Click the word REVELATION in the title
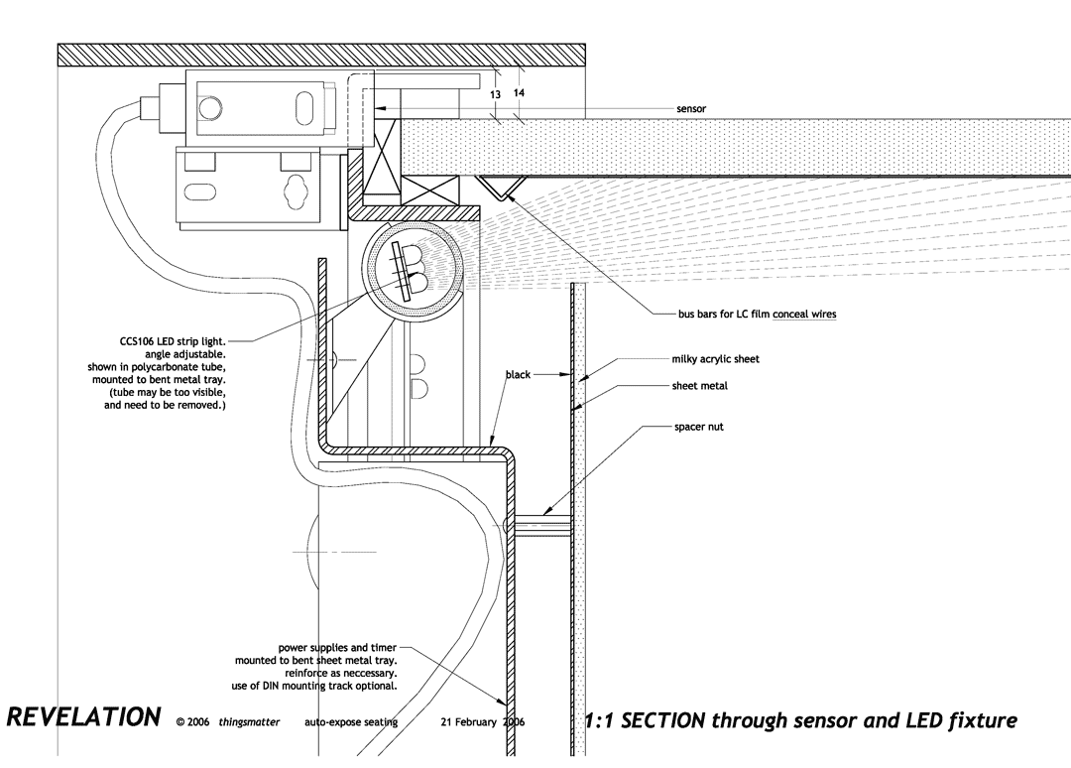click(83, 717)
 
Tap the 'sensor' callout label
click(691, 108)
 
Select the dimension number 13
click(495, 93)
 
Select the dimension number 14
click(519, 92)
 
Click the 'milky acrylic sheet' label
click(715, 359)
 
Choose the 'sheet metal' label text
click(699, 385)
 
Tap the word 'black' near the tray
click(518, 375)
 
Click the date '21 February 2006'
click(482, 722)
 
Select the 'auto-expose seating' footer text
click(351, 722)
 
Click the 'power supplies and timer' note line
click(337, 647)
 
